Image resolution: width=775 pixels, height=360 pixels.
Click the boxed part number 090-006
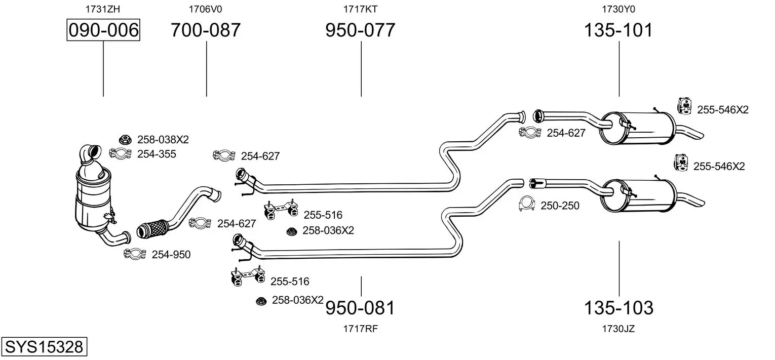[x=103, y=30]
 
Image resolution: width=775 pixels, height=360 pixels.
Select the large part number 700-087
[x=206, y=30]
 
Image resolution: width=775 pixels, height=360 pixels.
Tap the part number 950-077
[x=360, y=30]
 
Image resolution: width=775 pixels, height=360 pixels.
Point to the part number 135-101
[x=618, y=30]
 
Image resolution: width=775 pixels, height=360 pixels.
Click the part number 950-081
[x=360, y=307]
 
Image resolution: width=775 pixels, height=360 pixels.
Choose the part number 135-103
[x=618, y=307]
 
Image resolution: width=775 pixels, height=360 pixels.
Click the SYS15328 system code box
[x=44, y=346]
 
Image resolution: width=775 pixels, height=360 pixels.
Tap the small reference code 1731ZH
[x=103, y=9]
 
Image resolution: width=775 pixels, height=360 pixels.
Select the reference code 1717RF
[x=360, y=329]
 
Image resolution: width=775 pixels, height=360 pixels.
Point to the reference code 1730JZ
[x=618, y=329]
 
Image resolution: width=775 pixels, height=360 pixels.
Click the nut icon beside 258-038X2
[x=125, y=140]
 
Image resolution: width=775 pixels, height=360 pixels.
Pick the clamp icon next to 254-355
[x=120, y=153]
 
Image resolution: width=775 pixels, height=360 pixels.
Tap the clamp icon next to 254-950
[x=135, y=254]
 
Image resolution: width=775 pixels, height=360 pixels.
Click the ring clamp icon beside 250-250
[x=527, y=204]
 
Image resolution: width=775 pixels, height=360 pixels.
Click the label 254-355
[x=157, y=154]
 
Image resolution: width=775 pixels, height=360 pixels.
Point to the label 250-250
[x=560, y=206]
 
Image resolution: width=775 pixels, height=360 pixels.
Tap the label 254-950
[x=171, y=255]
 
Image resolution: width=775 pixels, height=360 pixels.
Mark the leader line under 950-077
[x=361, y=69]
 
